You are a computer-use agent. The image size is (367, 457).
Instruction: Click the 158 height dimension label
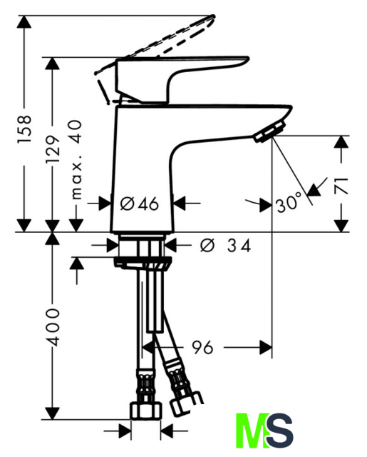pos(24,129)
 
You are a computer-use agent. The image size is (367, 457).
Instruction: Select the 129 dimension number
pos(52,149)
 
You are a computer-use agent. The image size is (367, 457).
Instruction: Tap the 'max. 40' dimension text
pos(76,159)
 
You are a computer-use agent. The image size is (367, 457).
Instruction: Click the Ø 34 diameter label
pos(225,246)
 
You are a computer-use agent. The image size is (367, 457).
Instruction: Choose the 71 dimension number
pos(341,186)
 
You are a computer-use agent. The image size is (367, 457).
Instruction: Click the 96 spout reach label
pos(202,347)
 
